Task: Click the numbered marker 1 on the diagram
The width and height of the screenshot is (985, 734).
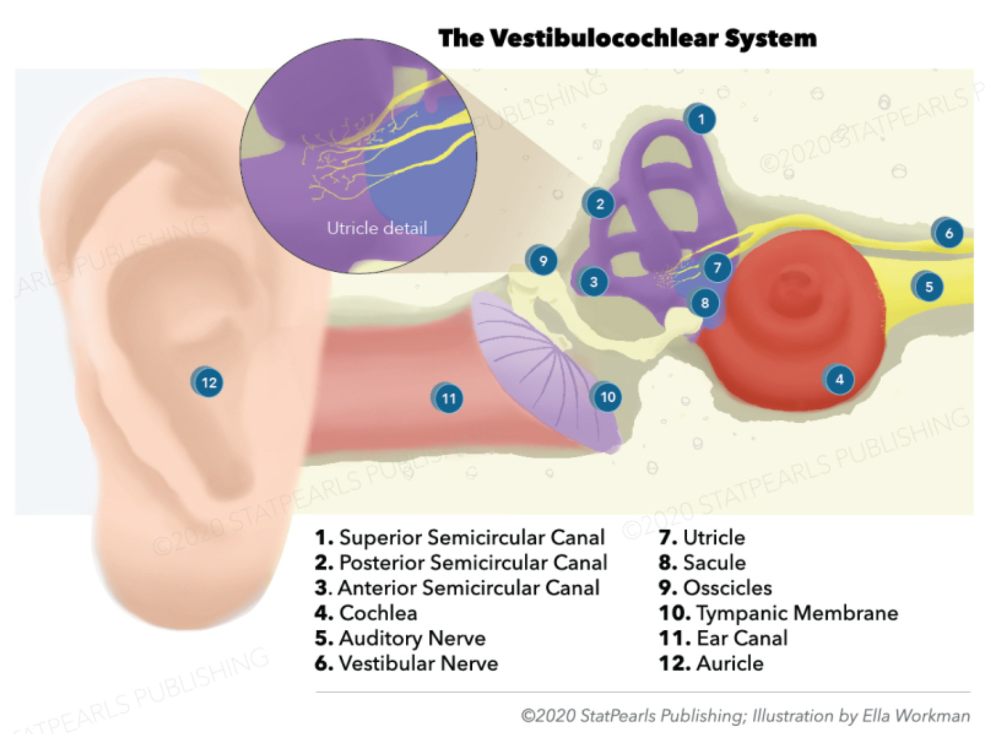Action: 700,119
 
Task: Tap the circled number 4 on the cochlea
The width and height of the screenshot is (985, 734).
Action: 839,379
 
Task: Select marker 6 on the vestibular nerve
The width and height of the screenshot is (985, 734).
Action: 948,233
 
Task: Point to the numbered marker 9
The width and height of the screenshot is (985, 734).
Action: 543,261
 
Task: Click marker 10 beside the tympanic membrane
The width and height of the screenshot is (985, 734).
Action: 607,397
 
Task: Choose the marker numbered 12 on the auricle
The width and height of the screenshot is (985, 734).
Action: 208,382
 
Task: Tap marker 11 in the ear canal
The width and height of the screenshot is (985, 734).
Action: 449,398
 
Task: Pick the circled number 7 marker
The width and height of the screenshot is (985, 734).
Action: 716,267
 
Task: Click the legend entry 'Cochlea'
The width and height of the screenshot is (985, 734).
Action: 378,612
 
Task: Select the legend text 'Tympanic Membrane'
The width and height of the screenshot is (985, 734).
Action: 796,612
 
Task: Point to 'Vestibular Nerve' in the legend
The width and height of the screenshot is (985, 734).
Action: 418,663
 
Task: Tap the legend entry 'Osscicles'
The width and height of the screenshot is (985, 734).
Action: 728,588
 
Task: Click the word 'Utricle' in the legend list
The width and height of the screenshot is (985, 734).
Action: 714,538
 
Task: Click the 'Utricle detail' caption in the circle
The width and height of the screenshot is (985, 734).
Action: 376,228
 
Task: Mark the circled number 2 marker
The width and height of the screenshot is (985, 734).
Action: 599,204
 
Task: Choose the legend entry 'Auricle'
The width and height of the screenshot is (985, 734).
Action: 729,663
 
